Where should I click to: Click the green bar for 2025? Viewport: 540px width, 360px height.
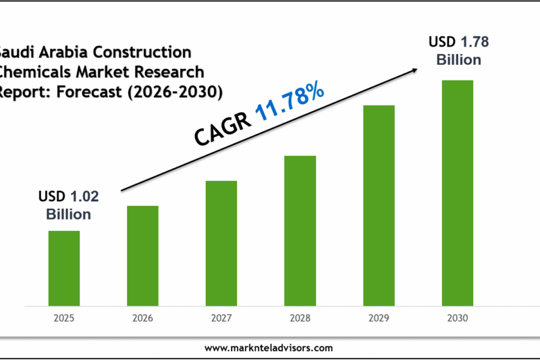(64, 267)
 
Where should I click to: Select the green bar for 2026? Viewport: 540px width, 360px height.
(142, 255)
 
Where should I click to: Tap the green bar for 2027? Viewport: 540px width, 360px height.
(221, 242)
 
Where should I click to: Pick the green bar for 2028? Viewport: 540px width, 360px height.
(300, 230)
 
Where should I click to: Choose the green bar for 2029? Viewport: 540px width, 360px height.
(379, 205)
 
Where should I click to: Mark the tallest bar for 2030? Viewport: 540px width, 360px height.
(458, 192)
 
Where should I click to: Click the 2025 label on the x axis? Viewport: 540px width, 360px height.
(64, 317)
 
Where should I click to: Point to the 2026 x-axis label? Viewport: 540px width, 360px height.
(142, 317)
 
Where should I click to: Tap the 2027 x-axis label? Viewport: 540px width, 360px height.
(221, 317)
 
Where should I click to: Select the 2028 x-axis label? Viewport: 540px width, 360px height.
(300, 317)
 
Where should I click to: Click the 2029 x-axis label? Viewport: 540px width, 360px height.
(379, 317)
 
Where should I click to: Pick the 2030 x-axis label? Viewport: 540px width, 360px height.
(458, 317)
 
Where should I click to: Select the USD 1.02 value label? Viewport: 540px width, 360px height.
(68, 197)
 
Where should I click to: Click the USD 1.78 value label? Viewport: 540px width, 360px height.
(458, 43)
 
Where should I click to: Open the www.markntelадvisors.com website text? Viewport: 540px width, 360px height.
(269, 348)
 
